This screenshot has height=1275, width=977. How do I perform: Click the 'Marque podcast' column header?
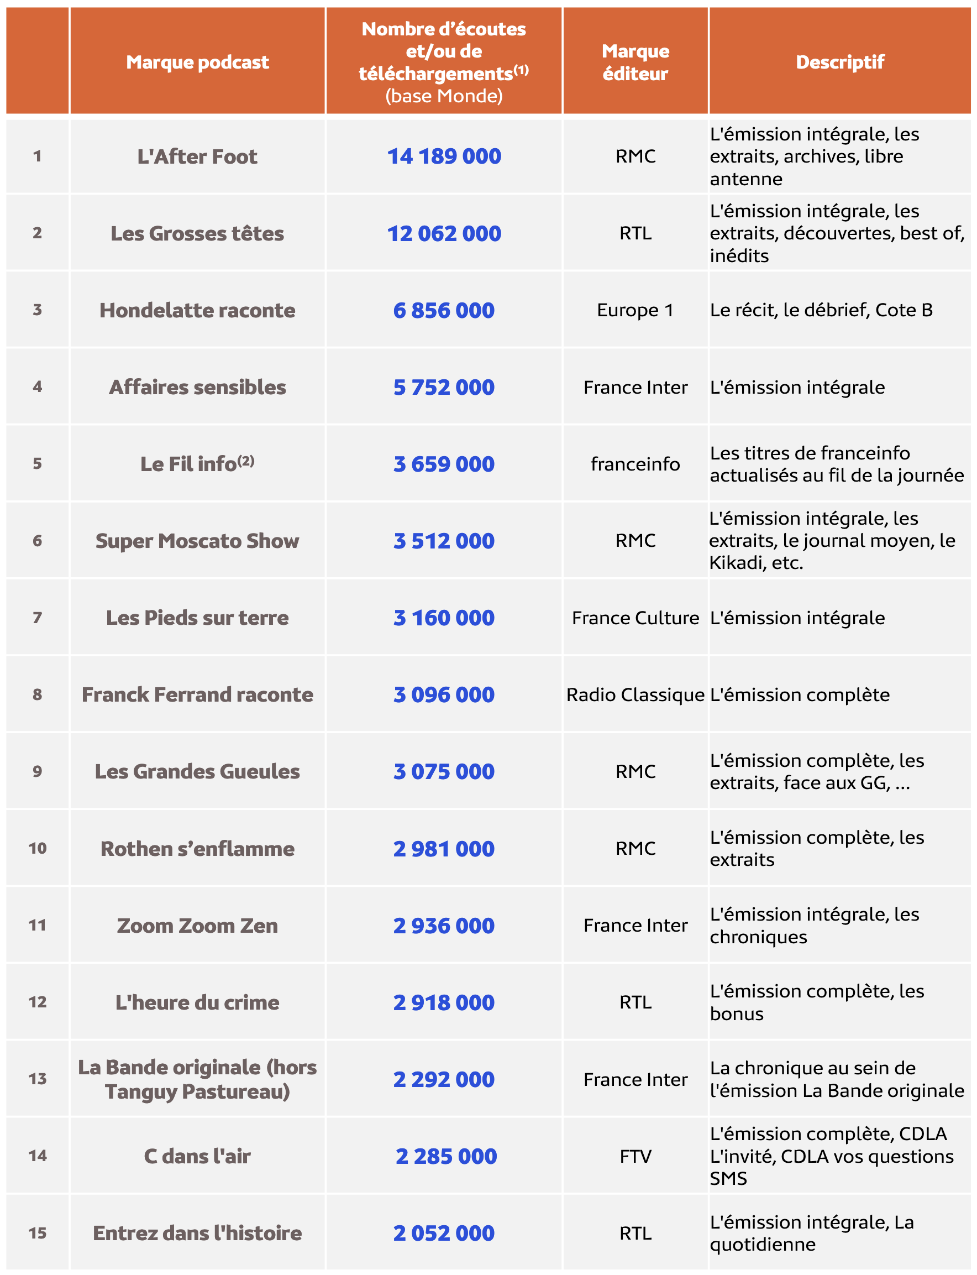click(197, 62)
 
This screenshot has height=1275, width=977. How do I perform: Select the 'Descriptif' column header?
click(839, 62)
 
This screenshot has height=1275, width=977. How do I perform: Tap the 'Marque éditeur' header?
click(635, 62)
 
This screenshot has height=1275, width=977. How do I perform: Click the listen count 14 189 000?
click(444, 156)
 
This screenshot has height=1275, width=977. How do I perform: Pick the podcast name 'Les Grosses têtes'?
click(197, 233)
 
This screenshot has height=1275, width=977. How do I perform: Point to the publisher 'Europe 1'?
click(635, 310)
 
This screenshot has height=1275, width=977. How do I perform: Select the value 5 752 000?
click(444, 387)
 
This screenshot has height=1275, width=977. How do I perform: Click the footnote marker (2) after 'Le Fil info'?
click(246, 461)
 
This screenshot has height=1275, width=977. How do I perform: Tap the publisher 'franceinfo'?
click(635, 464)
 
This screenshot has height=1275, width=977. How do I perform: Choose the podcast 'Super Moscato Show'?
click(197, 541)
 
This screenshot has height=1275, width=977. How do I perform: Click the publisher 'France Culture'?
click(635, 618)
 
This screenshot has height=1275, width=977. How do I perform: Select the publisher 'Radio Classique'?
click(635, 694)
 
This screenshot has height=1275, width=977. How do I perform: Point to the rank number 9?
click(37, 771)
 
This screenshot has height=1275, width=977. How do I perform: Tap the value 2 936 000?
click(444, 925)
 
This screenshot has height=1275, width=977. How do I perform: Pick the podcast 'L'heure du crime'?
click(197, 1002)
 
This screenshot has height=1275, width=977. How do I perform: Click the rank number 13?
click(37, 1079)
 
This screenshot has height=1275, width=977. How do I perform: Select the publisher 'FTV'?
click(635, 1156)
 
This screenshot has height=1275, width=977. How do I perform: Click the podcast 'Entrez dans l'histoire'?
click(197, 1232)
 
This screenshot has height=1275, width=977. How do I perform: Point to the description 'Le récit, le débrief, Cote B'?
click(821, 310)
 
